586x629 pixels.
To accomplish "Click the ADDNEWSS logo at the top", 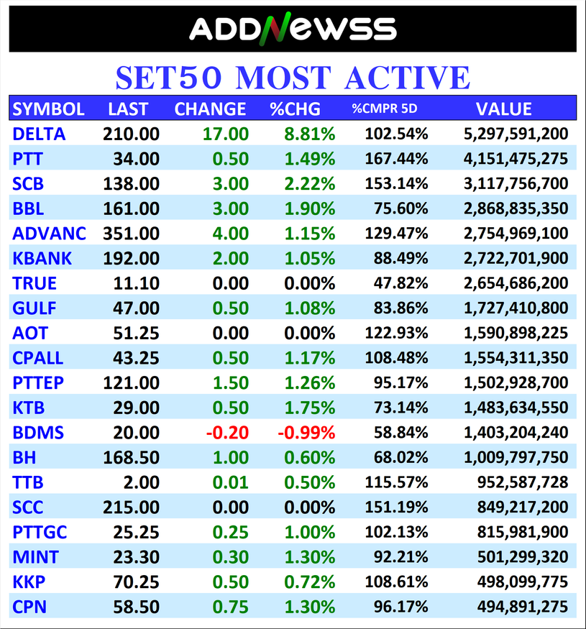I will tap(293, 28).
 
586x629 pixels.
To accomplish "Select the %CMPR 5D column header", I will tap(384, 109).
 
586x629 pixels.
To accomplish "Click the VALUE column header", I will tap(503, 109).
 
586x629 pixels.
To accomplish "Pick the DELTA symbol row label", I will tap(39, 134).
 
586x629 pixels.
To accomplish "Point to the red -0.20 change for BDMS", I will tap(227, 433).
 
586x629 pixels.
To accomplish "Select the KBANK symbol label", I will tap(42, 258).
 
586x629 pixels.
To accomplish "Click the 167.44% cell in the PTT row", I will tap(396, 159).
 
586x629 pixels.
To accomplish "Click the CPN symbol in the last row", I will tap(29, 607).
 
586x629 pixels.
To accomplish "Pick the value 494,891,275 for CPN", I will tap(523, 607).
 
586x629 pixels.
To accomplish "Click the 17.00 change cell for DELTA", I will tap(227, 134).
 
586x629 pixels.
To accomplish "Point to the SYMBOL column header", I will tap(49, 109).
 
